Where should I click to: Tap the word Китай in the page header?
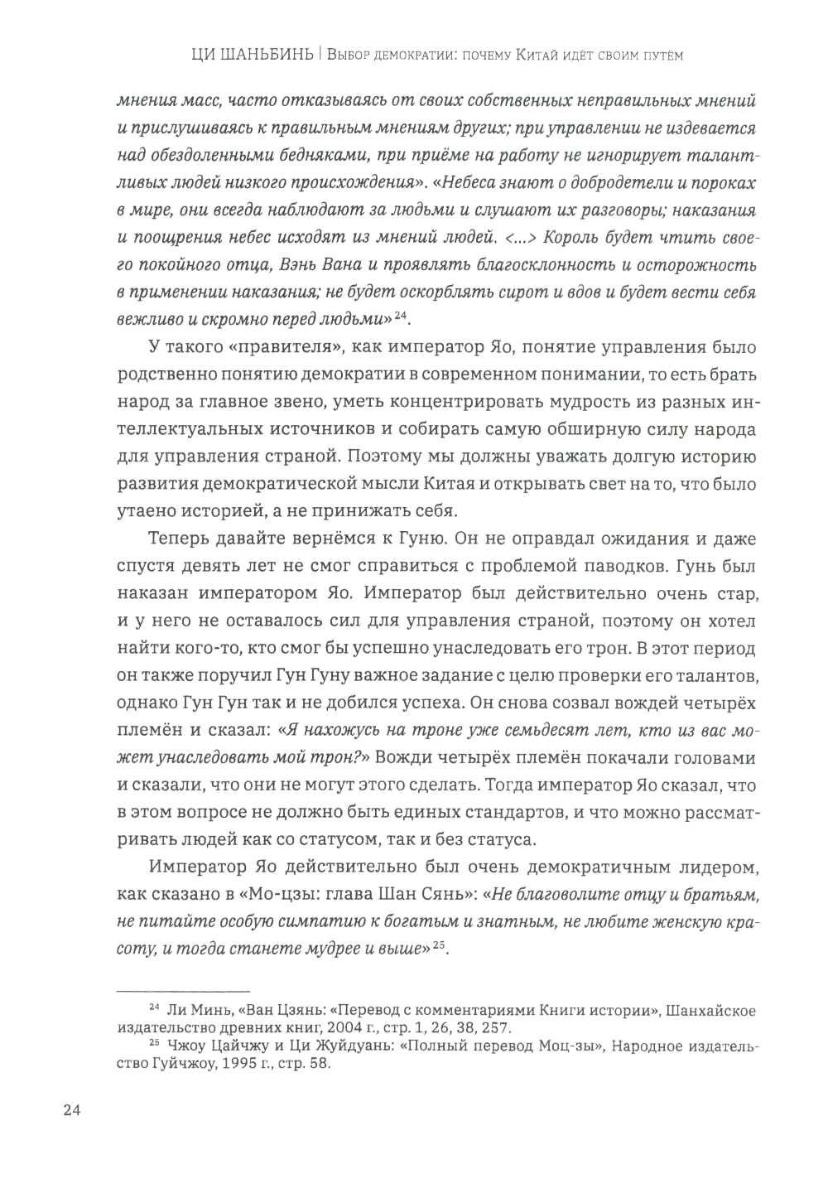coord(537,56)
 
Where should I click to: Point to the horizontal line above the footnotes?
coord(183,990)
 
